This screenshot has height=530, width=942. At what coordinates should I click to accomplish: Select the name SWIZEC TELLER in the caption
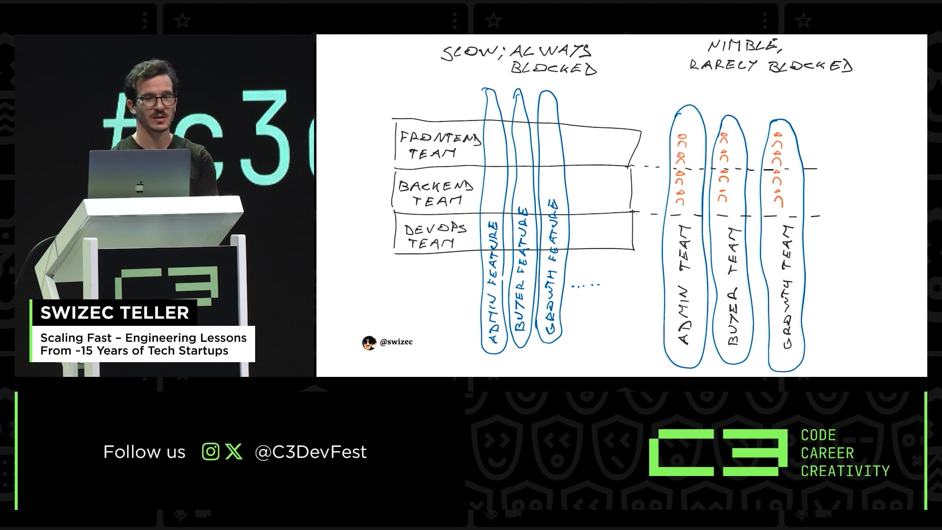114,313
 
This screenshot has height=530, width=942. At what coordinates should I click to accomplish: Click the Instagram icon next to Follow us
210,451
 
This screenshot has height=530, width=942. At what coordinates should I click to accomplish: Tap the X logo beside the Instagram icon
234,451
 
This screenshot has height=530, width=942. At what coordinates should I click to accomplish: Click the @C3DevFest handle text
311,452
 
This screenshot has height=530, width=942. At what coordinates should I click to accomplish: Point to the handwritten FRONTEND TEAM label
438,145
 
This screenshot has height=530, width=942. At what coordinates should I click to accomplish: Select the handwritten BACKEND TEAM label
435,193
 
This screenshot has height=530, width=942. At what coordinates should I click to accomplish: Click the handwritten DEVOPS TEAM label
434,236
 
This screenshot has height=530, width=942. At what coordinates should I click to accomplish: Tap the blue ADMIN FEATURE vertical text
494,282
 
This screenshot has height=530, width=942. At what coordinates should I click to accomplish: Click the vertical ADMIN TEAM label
684,285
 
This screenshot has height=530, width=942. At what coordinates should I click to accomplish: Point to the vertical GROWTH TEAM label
786,287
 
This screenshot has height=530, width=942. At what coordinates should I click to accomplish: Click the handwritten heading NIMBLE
744,46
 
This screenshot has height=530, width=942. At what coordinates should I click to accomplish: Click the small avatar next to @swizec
369,343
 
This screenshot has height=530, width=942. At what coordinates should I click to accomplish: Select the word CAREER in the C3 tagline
827,453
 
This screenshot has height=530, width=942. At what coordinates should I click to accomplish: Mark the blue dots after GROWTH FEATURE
586,285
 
